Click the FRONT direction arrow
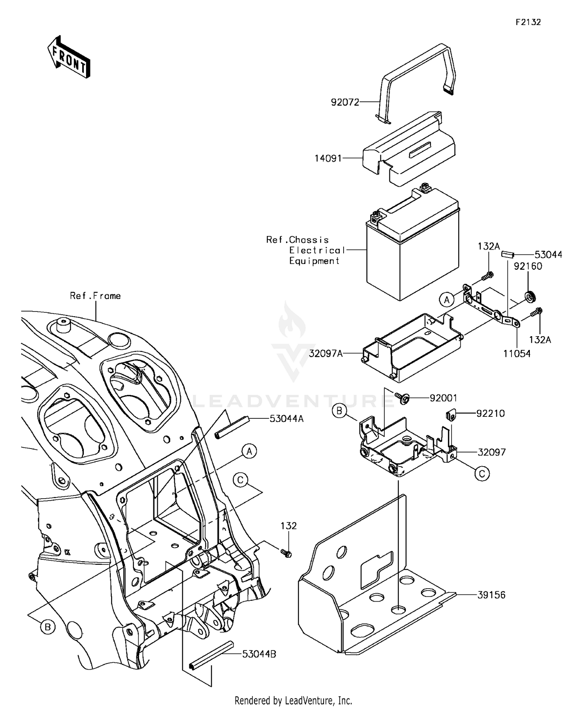coord(69,57)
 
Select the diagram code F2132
coord(528,22)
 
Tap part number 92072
coord(345,103)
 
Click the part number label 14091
coord(328,158)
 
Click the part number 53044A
coord(286,419)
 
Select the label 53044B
coord(259,654)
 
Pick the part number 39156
coord(491,595)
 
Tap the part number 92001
coord(443,398)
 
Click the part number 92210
coord(490,413)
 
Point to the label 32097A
coord(326,354)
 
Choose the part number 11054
coord(517,354)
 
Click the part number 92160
coord(528,266)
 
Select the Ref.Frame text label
coord(95,296)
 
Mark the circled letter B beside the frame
coord(48,627)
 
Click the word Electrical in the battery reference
coord(317,250)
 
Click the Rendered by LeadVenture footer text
coord(293,700)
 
